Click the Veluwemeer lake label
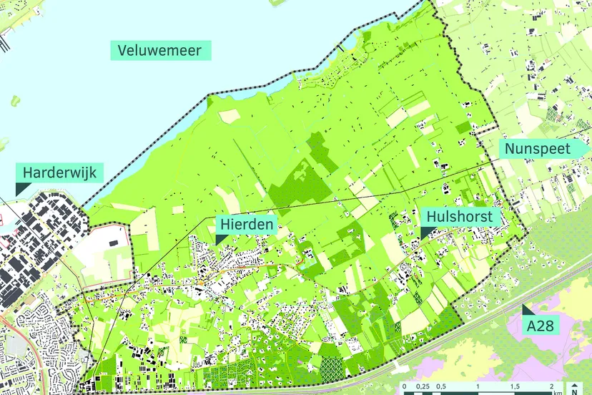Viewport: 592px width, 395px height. click(161, 50)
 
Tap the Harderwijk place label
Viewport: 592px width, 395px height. click(59, 172)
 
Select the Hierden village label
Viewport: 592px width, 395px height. click(245, 224)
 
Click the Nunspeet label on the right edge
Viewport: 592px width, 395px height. click(537, 149)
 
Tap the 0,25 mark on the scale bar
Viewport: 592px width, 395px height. click(423, 386)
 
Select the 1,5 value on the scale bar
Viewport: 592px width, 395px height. click(515, 386)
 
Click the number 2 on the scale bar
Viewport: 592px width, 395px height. click(552, 386)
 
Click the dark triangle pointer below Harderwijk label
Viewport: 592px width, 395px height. click(21, 187)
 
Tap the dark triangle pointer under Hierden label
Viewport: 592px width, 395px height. click(220, 238)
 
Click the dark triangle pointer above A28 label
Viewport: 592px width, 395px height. click(527, 310)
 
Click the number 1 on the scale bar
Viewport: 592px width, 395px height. click(478, 386)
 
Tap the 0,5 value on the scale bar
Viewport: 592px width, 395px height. click(442, 386)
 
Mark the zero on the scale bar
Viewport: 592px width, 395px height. click(405, 386)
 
